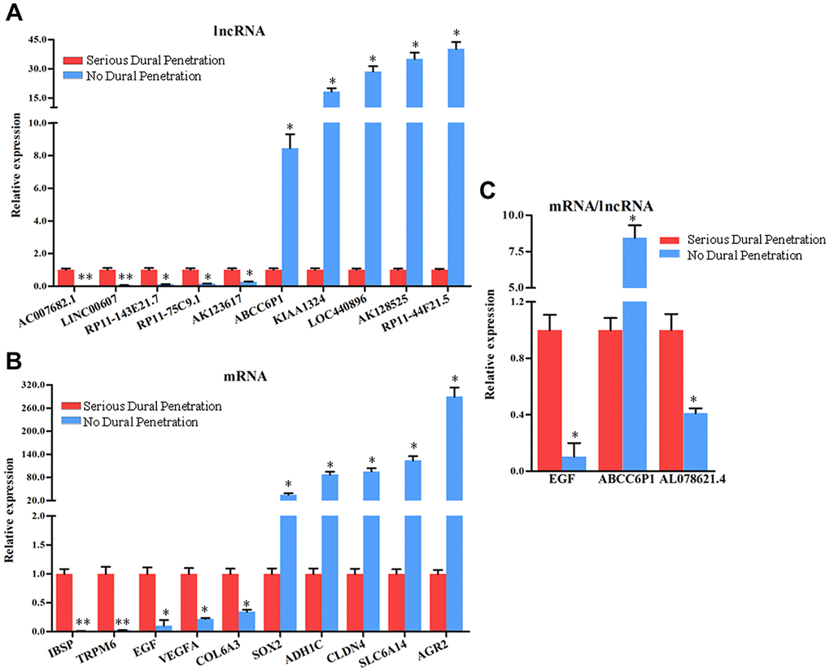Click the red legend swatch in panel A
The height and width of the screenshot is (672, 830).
pyautogui.click(x=72, y=60)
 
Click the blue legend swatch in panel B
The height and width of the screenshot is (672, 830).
pyautogui.click(x=72, y=422)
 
